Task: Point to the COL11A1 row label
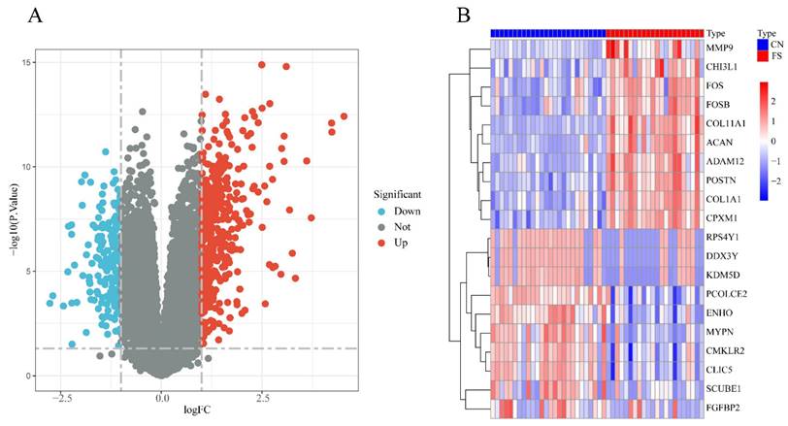click(x=726, y=123)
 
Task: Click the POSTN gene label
click(x=721, y=180)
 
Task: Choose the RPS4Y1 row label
click(x=723, y=237)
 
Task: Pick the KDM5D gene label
click(x=722, y=275)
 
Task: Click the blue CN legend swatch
click(x=762, y=44)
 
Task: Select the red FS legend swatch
click(x=762, y=56)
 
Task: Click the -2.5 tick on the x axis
click(x=61, y=398)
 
